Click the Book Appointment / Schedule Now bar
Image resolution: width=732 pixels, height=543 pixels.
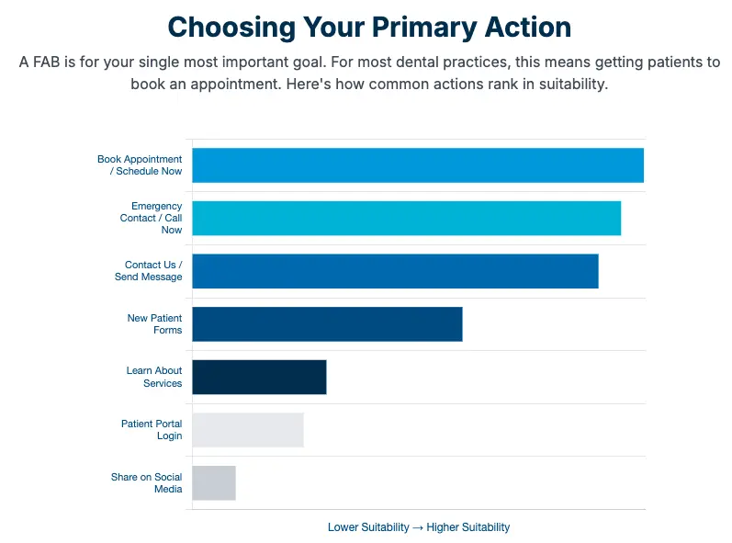point(418,165)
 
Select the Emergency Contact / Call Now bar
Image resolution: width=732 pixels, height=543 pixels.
point(407,218)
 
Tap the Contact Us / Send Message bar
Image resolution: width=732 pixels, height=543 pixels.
point(396,271)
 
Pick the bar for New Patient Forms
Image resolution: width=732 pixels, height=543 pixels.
point(327,324)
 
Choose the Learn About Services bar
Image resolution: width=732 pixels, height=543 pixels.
point(259,377)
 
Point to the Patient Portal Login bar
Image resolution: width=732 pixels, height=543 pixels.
point(248,430)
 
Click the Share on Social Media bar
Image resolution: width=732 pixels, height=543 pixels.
point(214,482)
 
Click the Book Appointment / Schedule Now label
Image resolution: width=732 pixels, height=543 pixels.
point(140,165)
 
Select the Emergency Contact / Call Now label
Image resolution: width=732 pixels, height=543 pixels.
point(151,218)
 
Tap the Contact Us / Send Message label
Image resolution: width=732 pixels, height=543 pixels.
point(149,271)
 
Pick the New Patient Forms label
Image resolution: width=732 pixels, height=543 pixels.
point(154,324)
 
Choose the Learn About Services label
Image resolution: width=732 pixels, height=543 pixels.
point(154,377)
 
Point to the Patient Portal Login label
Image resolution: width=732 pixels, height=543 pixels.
point(152,430)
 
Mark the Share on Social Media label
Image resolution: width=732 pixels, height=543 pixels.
point(147,482)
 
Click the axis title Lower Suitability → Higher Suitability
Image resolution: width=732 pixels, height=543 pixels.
point(419,527)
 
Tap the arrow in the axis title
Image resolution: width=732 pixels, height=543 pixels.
point(418,527)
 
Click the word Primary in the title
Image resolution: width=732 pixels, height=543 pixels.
point(424,27)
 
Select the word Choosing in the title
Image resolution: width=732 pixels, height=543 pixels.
point(231,27)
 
